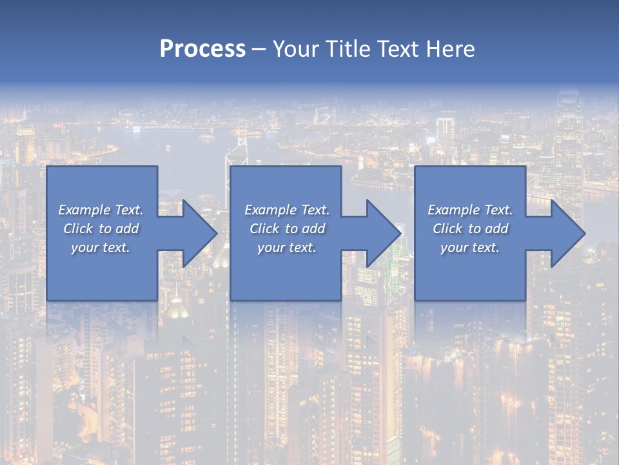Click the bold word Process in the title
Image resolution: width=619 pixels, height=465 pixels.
202,49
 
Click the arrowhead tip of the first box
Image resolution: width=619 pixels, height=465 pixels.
215,233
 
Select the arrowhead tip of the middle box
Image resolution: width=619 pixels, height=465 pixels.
399,233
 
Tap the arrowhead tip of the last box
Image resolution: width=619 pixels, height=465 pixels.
583,233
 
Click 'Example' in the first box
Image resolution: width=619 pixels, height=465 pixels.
84,210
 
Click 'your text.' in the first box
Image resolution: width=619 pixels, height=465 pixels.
101,247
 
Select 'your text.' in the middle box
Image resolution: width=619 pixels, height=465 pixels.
287,247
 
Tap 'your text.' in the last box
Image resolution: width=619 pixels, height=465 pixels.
470,247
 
